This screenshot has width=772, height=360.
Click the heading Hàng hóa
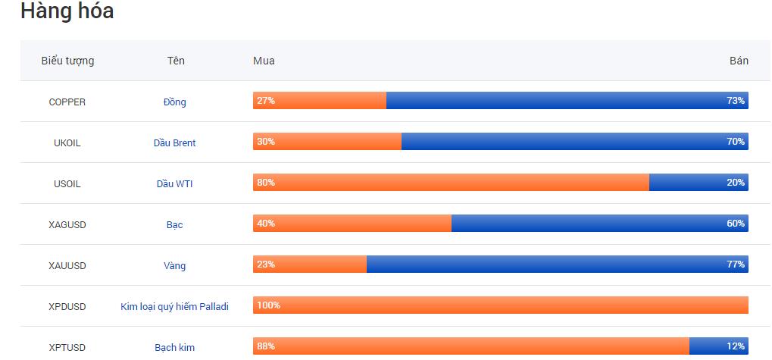[67, 11]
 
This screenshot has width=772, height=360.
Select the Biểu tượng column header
[67, 61]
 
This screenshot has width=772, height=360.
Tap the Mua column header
[264, 61]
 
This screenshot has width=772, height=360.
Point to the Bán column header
[738, 61]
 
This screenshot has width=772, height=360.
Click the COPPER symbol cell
[67, 102]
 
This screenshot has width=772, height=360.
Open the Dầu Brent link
[174, 142]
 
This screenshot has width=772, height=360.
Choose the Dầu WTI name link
[174, 183]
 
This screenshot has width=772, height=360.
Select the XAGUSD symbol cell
[67, 224]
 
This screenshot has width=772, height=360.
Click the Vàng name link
[174, 265]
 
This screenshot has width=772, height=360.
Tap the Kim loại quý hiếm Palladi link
[174, 306]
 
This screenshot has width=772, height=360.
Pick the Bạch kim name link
[174, 347]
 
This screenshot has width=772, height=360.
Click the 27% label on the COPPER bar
[266, 101]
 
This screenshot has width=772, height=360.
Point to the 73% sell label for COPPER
[736, 101]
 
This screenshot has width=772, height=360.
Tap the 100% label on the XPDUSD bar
[268, 305]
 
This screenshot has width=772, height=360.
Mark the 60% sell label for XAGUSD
[736, 224]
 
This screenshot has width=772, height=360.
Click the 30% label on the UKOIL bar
[266, 142]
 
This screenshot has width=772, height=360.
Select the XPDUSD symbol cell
[67, 306]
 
